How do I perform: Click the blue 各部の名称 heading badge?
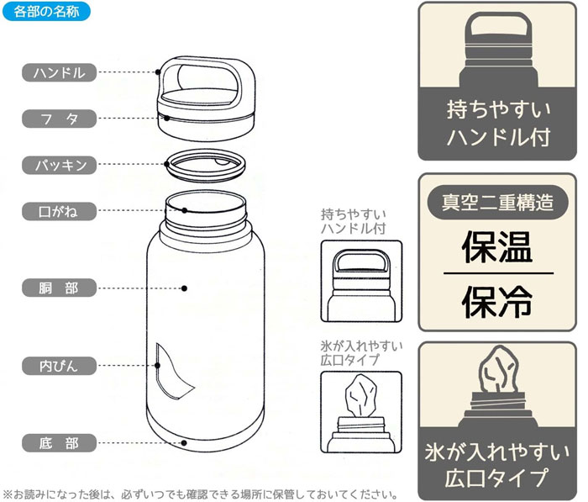46,11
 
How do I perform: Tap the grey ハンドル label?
60,72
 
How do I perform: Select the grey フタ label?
60,119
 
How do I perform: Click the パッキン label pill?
60,165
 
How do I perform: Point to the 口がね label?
60,211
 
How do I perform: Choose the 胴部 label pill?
60,288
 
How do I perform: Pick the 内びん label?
60,366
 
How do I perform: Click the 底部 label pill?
60,443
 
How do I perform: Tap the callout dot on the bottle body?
184,288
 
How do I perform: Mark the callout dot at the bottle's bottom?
184,443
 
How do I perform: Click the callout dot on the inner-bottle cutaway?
158,365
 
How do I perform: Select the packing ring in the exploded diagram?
206,165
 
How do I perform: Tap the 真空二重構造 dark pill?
497,203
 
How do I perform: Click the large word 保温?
497,247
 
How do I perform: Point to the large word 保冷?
497,302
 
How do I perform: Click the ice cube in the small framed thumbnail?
360,395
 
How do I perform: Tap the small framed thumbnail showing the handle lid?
361,281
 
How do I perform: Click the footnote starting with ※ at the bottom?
200,494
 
